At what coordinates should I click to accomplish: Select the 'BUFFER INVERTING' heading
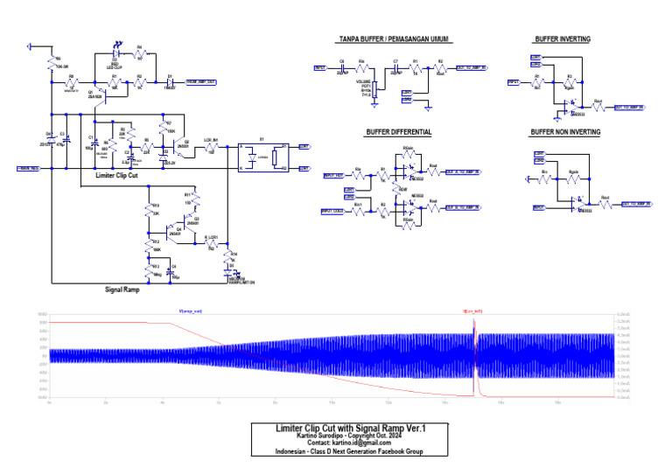click(562, 39)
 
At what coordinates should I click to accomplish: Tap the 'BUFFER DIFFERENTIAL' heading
click(399, 132)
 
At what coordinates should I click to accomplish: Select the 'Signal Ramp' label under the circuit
click(122, 289)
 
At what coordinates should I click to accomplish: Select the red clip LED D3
click(116, 52)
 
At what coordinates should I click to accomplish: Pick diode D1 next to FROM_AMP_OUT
click(170, 80)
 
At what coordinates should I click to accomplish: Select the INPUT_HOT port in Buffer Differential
click(333, 175)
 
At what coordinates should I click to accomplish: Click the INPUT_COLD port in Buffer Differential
click(332, 211)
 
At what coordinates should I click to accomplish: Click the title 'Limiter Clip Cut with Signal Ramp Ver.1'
click(350, 428)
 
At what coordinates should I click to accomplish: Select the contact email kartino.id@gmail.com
click(350, 444)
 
